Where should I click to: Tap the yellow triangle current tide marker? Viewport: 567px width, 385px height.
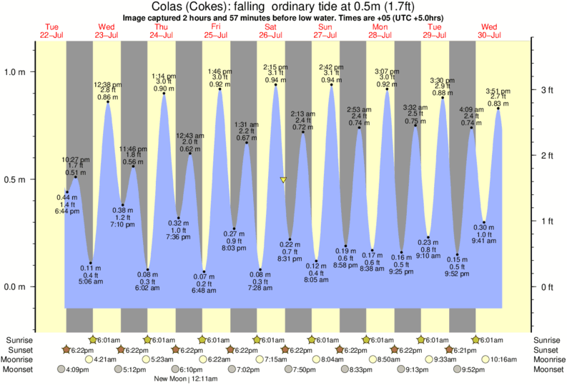(x=283, y=180)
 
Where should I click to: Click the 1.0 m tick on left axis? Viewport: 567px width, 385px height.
(x=16, y=72)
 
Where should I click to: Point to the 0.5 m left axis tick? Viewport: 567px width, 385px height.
(x=16, y=179)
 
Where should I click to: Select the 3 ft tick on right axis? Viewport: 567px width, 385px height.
(x=546, y=90)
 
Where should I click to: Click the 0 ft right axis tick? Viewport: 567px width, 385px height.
(x=546, y=287)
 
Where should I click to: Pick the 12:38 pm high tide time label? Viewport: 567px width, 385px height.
(x=108, y=84)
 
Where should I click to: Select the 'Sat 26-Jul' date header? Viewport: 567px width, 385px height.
(x=270, y=31)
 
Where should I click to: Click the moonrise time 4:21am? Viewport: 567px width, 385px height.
(x=105, y=359)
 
